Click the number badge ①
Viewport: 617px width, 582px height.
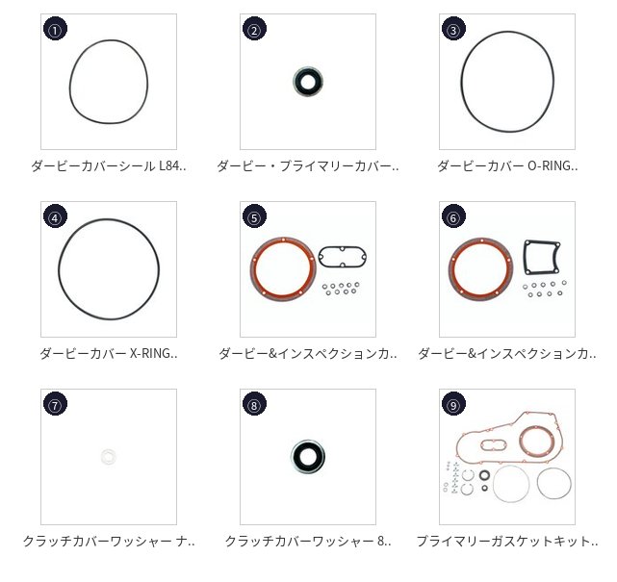coord(55,29)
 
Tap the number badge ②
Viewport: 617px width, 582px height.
coord(254,29)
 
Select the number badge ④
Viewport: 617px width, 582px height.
coord(55,216)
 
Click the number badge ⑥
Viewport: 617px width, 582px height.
coord(453,216)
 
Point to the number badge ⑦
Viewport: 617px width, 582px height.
coord(55,404)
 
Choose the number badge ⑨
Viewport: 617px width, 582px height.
coord(453,404)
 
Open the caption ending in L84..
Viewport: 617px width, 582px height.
coord(109,166)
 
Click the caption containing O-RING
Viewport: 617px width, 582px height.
coord(507,166)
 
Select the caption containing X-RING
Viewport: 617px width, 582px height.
coord(109,353)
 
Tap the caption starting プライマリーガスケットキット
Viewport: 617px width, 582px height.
coord(507,541)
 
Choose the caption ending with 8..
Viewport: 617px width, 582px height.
coord(308,541)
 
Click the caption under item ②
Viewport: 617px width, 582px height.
coord(308,166)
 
